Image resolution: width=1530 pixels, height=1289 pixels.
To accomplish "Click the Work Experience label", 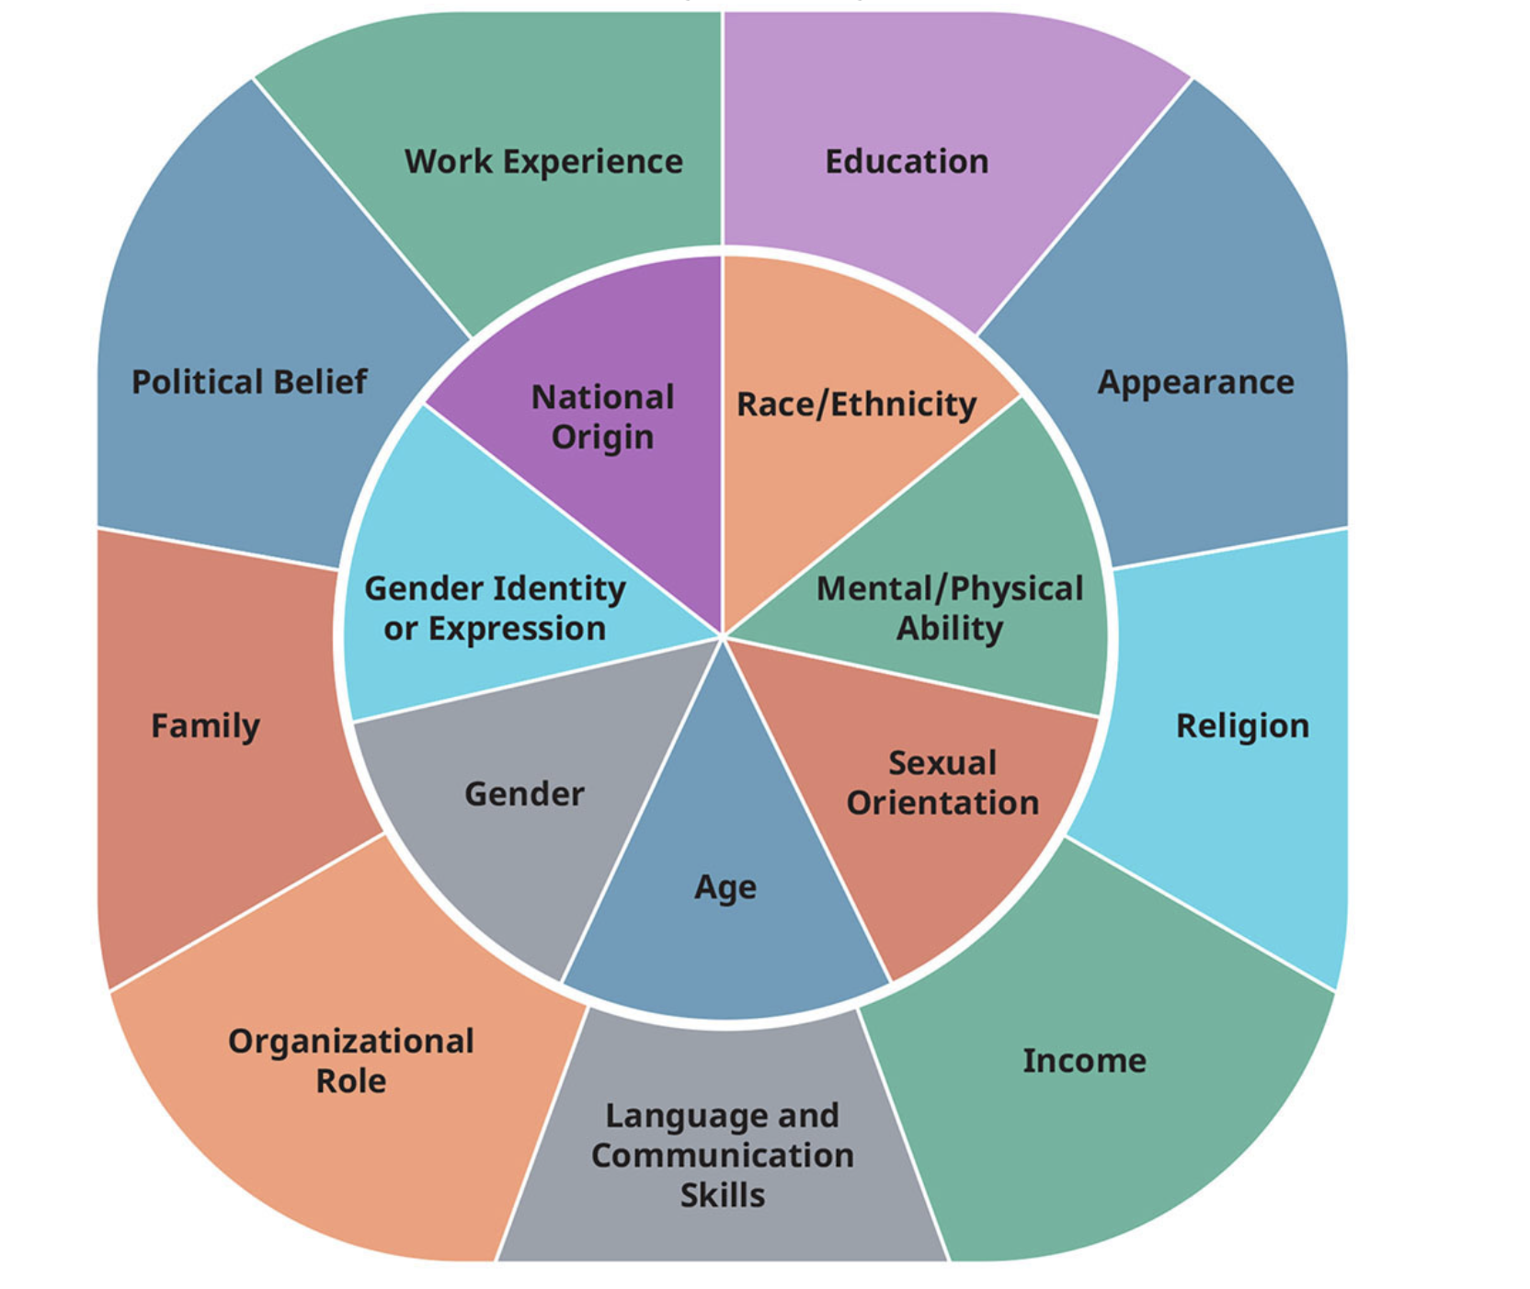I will (543, 162).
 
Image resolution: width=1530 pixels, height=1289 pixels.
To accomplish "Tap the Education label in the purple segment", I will (907, 162).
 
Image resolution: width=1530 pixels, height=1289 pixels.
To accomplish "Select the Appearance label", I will (1195, 382).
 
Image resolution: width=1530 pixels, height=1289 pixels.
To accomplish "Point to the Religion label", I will (1242, 726).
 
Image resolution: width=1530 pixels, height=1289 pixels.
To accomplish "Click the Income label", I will (1084, 1061).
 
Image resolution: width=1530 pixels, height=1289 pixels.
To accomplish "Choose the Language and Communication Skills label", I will (723, 1155).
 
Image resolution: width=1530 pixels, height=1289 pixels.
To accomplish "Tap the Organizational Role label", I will (351, 1061).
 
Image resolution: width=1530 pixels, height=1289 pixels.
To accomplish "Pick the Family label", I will (205, 726).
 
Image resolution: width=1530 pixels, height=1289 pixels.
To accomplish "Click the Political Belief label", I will (249, 382).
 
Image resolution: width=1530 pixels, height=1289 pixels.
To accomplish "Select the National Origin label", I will (603, 417).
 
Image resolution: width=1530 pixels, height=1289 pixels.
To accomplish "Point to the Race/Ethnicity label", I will (856, 405).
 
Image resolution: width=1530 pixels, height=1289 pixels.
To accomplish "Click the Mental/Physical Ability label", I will (950, 609).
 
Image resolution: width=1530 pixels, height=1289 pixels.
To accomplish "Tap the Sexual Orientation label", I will (942, 783).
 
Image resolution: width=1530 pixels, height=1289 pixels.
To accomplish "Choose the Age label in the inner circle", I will (725, 888).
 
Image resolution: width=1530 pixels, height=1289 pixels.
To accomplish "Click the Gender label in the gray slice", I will (524, 794).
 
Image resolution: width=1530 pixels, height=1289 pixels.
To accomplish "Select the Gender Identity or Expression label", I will (495, 609).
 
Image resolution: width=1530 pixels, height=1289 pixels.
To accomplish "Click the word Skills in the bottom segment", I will (723, 1195).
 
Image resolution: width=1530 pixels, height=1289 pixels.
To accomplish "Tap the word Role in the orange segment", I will (351, 1081).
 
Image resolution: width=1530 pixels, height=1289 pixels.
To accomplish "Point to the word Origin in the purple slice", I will (603, 438).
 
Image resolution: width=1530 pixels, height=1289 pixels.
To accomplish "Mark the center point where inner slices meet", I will (724, 635).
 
